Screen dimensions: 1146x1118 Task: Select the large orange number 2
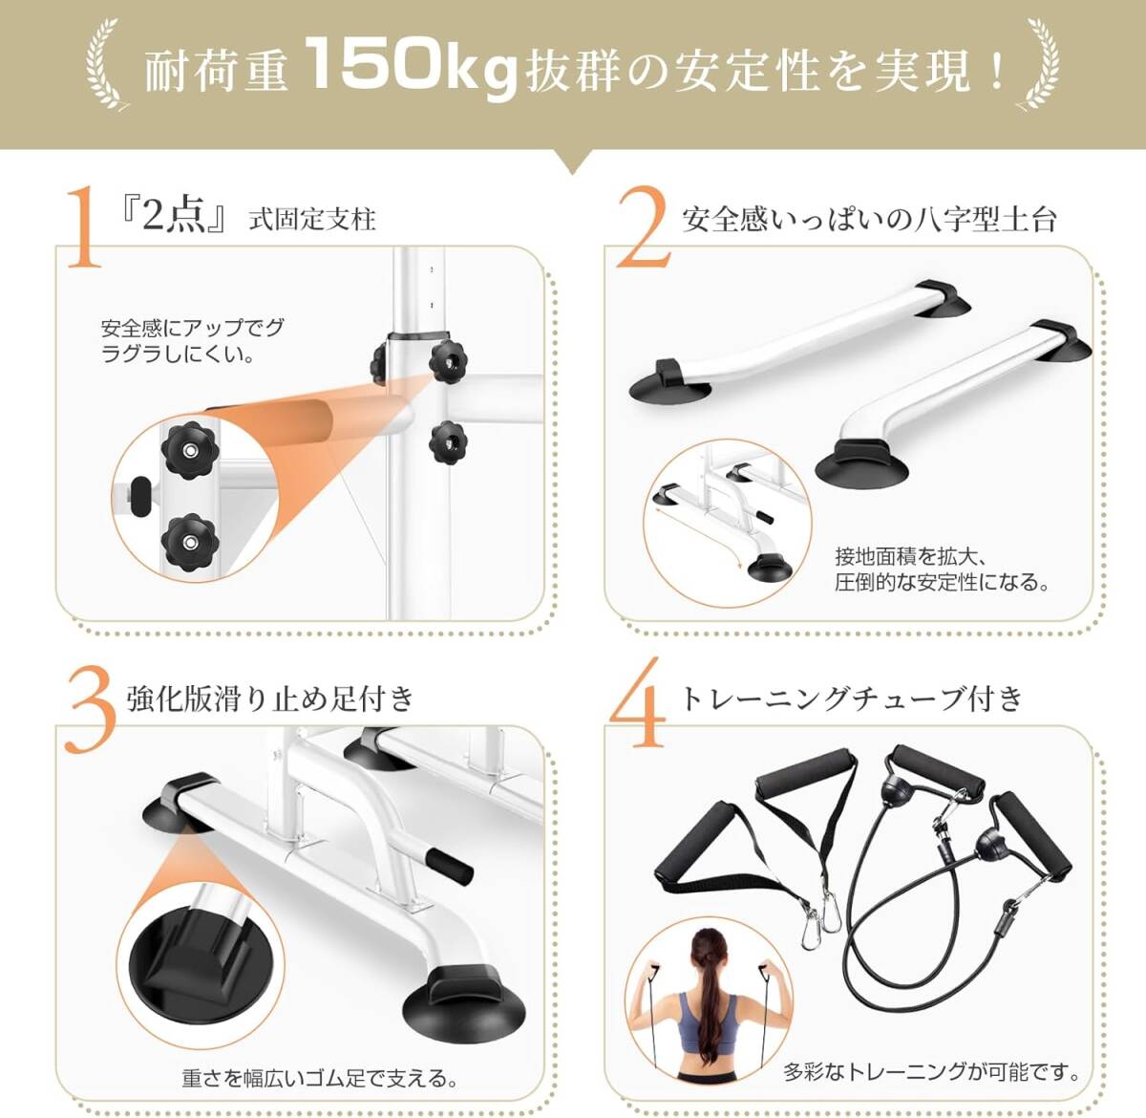point(643,227)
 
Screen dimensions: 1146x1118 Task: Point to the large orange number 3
point(90,709)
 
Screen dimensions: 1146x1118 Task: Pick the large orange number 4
point(638,702)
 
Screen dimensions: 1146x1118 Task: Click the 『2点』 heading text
point(173,216)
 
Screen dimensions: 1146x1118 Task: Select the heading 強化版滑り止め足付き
point(271,699)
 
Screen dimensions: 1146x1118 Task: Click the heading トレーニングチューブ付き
point(852,699)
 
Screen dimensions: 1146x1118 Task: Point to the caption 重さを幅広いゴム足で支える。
point(320,1079)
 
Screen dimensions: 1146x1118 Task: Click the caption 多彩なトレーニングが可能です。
point(932,1072)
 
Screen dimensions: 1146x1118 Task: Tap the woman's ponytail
point(709,989)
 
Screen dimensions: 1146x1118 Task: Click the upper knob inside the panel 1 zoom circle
point(190,451)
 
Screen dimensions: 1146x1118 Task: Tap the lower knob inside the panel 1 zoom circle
point(190,542)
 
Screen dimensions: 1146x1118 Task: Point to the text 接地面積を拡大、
point(910,556)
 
